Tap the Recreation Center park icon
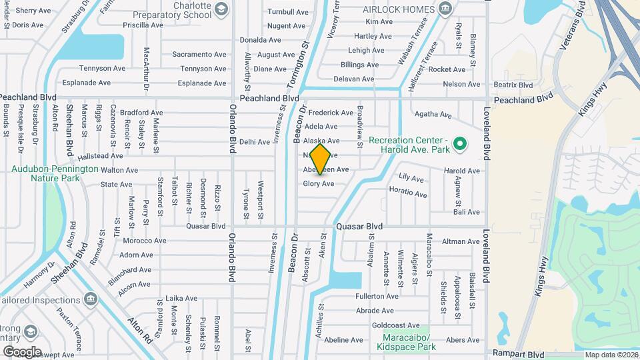[459, 143]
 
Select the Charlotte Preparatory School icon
[221, 9]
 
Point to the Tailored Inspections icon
[89, 301]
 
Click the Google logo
[22, 351]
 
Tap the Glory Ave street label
[319, 184]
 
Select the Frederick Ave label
[331, 113]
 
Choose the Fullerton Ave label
[377, 296]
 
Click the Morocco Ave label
[143, 241]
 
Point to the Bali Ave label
[466, 212]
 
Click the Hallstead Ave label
[100, 156]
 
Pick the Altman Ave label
[461, 241]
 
